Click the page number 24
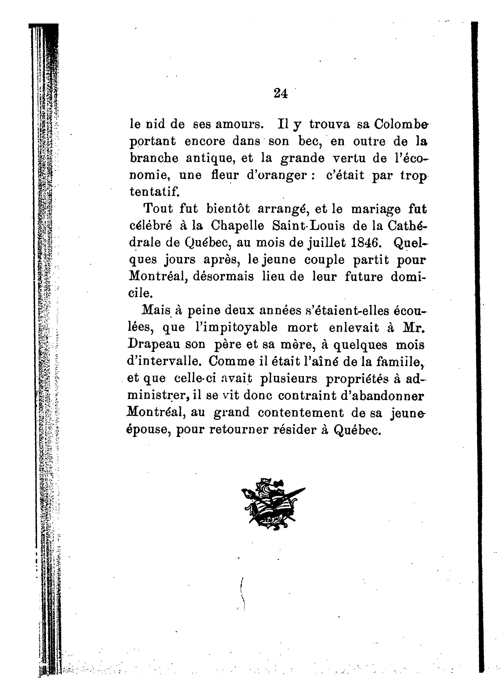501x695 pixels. [281, 93]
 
